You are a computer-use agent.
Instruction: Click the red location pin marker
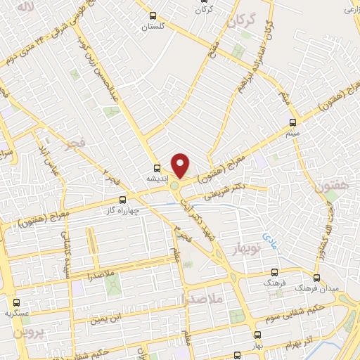coord(181,165)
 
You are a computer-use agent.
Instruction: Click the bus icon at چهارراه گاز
coord(123,200)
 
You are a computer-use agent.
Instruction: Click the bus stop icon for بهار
coord(258,335)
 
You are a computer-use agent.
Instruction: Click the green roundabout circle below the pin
coord(174,186)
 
